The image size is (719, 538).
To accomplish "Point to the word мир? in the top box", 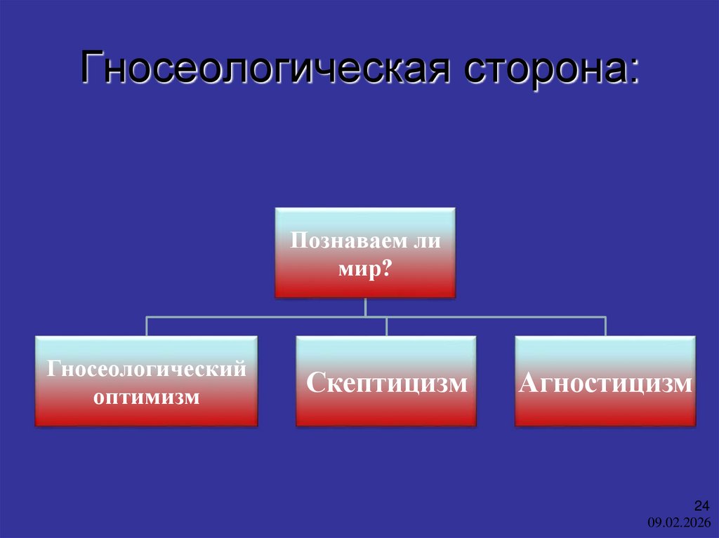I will click(x=364, y=269).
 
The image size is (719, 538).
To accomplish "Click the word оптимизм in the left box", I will click(x=146, y=397).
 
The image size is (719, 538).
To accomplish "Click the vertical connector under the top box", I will click(x=365, y=307).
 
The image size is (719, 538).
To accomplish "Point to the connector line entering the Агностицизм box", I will click(x=605, y=326).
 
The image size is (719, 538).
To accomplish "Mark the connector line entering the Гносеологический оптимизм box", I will click(x=146, y=326).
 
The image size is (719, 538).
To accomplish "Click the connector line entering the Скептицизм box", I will click(x=386, y=326).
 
